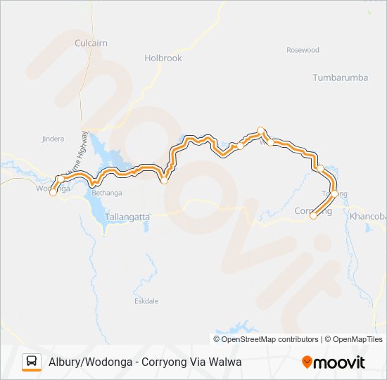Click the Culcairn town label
click(x=91, y=43)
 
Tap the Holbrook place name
click(x=163, y=58)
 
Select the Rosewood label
click(x=303, y=50)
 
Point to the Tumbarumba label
click(x=341, y=77)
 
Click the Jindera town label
click(x=53, y=139)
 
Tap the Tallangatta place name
click(x=127, y=217)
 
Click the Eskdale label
click(x=146, y=300)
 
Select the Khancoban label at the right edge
click(x=368, y=217)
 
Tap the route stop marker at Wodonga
click(x=53, y=193)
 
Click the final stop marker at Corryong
click(x=313, y=216)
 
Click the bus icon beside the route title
click(x=32, y=362)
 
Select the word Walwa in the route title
click(x=225, y=362)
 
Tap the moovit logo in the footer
click(x=334, y=362)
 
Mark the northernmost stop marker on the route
click(x=261, y=129)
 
